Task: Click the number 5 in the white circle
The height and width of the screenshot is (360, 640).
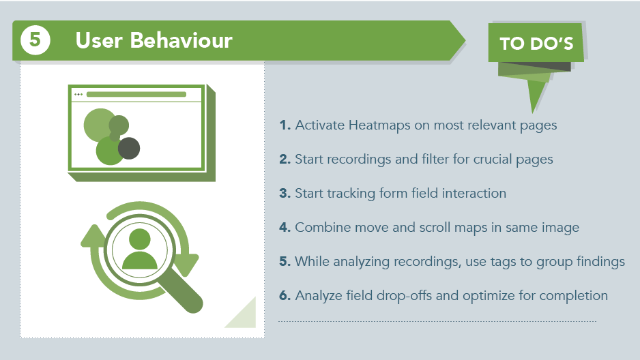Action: pyautogui.click(x=35, y=40)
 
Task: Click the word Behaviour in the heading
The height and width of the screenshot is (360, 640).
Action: pyautogui.click(x=181, y=40)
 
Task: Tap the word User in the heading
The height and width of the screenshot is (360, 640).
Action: pyautogui.click(x=99, y=40)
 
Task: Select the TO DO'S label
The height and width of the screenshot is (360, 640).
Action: pyautogui.click(x=536, y=43)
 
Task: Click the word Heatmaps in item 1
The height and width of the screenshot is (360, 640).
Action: pyautogui.click(x=379, y=125)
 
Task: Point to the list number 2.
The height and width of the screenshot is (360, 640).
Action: pyautogui.click(x=285, y=159)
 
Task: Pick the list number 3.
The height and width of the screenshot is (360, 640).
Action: pyautogui.click(x=285, y=193)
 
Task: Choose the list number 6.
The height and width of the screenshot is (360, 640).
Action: pyautogui.click(x=285, y=295)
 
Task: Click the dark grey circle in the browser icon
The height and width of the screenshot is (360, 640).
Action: pyautogui.click(x=129, y=148)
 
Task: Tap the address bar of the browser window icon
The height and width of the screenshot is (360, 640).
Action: pyautogui.click(x=136, y=95)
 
